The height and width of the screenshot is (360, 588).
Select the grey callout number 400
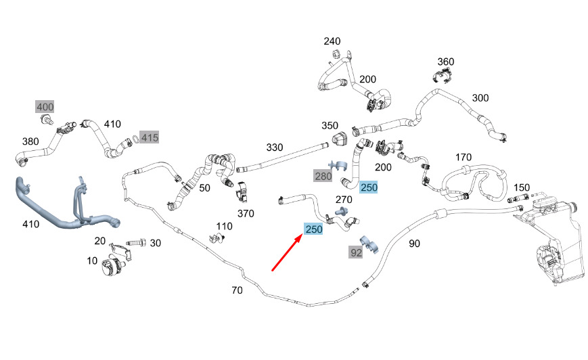point(45,106)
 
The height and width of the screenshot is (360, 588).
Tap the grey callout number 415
point(150,137)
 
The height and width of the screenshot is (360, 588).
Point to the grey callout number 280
point(323,177)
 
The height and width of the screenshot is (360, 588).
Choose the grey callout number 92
point(356,253)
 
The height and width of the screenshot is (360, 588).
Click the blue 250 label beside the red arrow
point(314,229)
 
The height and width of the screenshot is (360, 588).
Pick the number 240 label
point(332,42)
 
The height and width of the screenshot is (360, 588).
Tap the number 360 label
point(445,62)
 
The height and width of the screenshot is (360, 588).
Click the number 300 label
point(480,98)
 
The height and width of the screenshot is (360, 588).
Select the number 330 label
point(275,147)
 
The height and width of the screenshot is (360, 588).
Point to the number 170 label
point(463,158)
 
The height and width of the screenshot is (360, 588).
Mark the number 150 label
point(522,187)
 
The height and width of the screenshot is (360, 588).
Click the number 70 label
point(236,290)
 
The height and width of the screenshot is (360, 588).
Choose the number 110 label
point(224,225)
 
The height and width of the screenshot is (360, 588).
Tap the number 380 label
point(30,142)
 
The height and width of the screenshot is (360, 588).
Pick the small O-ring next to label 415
point(135,139)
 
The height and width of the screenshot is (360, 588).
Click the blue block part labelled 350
point(339,139)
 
